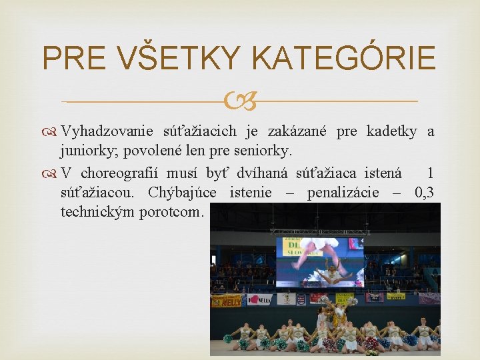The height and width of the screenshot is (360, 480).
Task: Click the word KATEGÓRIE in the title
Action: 344,59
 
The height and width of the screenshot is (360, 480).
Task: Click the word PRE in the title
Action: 72,59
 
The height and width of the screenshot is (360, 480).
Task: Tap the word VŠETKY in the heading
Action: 178,59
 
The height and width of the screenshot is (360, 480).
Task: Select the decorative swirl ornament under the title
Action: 239,102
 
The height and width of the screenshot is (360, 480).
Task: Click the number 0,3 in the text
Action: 424,193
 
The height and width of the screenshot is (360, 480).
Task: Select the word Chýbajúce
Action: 185,193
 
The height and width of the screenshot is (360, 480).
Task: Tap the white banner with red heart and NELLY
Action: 260,299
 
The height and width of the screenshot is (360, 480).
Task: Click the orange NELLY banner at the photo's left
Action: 226,301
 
